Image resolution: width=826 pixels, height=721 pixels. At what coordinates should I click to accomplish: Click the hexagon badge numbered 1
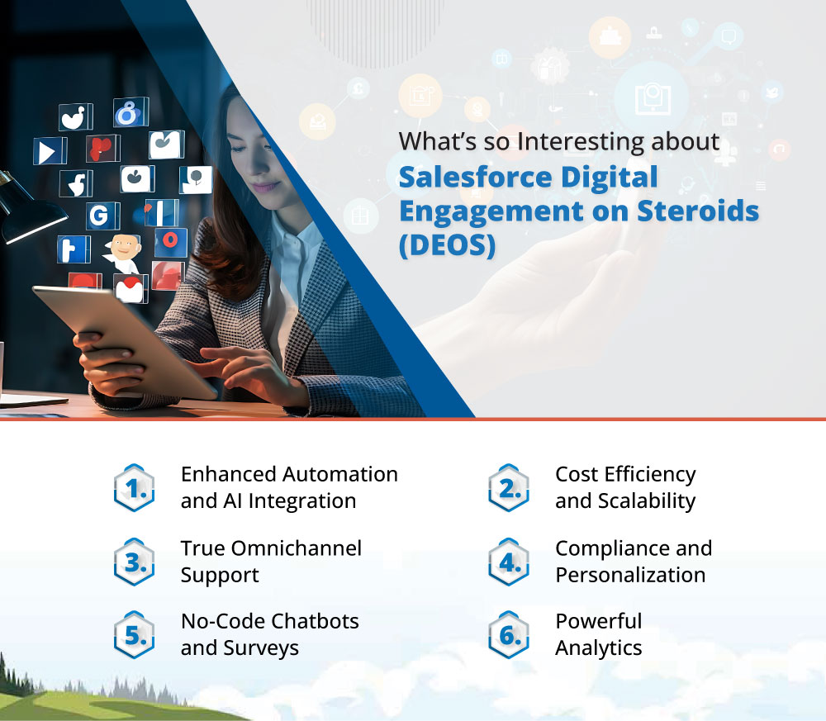click(x=134, y=488)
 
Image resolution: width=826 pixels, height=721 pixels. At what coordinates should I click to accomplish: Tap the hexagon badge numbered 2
click(x=509, y=488)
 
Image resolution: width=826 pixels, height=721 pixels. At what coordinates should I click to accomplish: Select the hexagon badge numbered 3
click(x=134, y=562)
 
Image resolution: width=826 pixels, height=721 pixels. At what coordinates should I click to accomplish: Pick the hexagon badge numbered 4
click(x=509, y=562)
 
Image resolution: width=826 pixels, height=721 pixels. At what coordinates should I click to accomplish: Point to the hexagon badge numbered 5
click(x=134, y=634)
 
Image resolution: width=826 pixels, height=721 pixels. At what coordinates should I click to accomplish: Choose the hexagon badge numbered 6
click(x=509, y=634)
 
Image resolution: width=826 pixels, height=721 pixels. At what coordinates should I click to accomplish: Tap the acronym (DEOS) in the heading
click(x=447, y=245)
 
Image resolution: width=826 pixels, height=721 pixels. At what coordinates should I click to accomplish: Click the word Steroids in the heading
click(x=697, y=211)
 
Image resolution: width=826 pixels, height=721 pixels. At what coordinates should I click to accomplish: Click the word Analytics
click(x=598, y=647)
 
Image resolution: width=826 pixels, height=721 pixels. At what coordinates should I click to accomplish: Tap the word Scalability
click(x=625, y=500)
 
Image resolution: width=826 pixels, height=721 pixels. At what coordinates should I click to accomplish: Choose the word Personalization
click(x=630, y=575)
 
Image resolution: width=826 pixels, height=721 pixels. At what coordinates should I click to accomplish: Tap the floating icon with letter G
click(x=99, y=216)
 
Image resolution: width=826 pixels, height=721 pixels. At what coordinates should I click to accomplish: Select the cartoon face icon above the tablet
click(x=123, y=251)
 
